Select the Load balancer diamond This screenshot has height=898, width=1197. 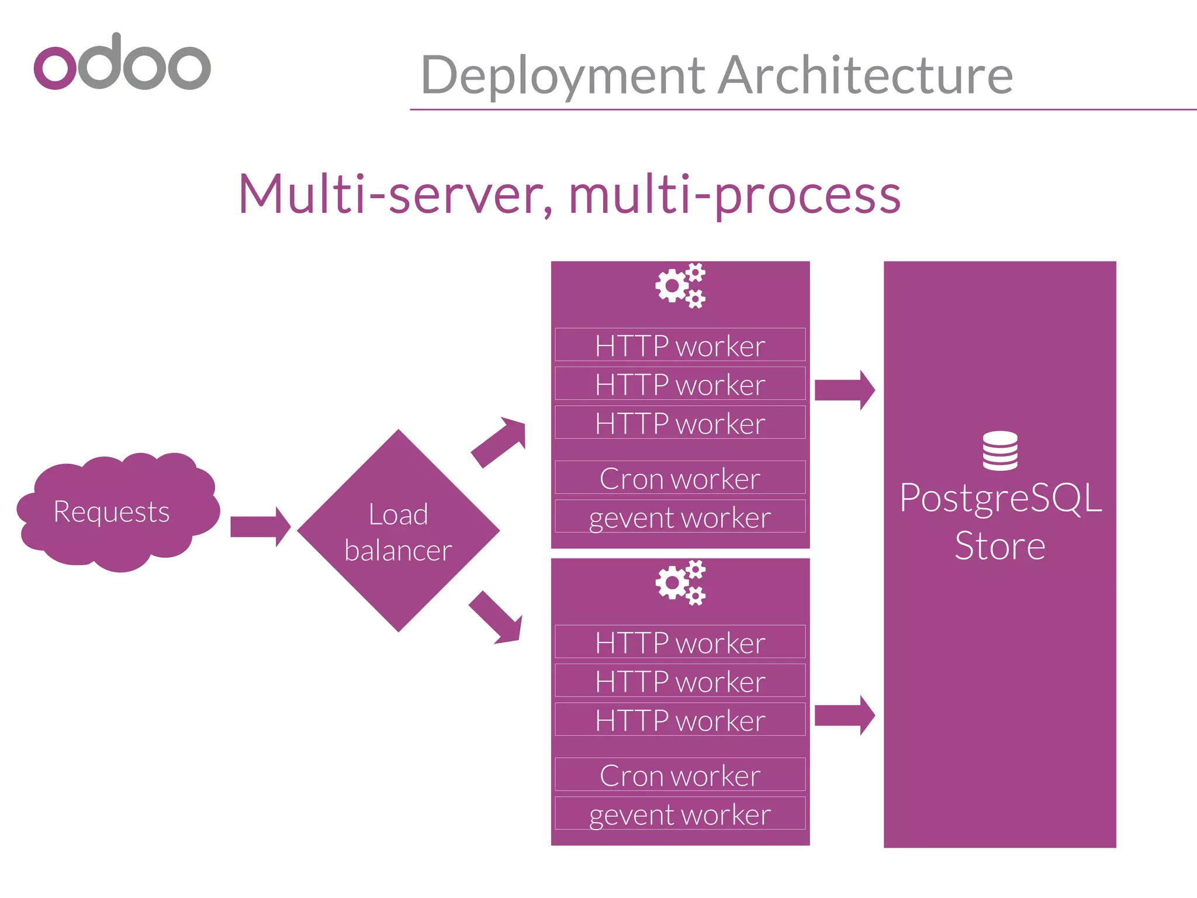399,531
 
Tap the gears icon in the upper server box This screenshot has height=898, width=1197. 680,286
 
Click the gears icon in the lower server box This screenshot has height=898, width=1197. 680,583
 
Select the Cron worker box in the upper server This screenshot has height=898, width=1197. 680,478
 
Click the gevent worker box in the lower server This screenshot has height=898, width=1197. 680,813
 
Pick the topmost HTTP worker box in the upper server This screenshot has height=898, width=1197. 680,345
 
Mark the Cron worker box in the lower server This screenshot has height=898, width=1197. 680,775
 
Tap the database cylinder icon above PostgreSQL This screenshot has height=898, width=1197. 999,451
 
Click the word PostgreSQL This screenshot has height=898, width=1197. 1000,498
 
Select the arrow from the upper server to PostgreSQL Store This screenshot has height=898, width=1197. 845,390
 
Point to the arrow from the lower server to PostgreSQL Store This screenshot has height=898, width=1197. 845,715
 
